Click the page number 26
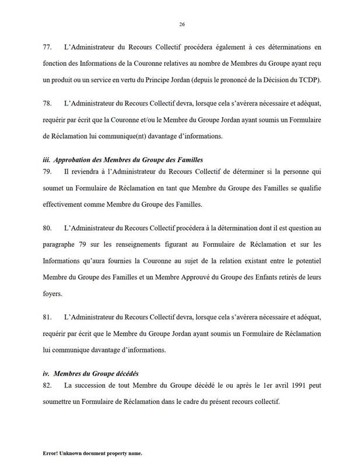pos(182,24)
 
